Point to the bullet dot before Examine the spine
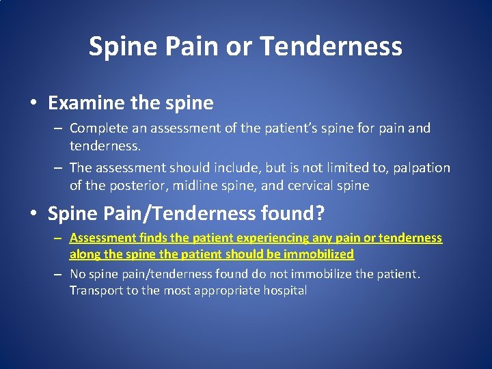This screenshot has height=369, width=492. point(33,104)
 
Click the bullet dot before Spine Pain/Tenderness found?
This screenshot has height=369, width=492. point(33,214)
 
